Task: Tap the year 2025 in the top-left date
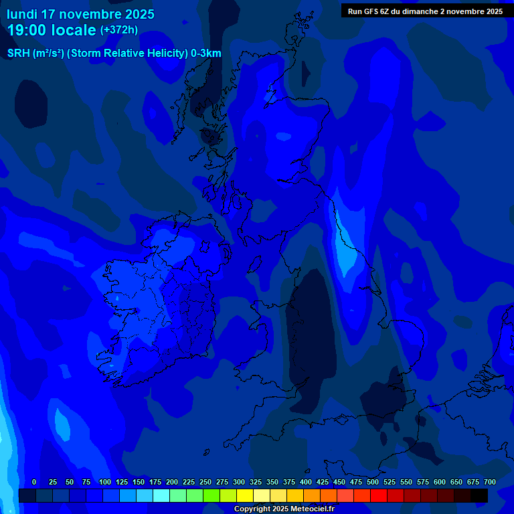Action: point(140,14)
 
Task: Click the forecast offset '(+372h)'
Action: point(119,30)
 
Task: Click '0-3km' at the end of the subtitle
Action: point(206,54)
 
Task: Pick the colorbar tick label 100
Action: point(105,482)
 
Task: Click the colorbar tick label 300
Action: point(239,482)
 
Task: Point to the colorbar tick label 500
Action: point(373,482)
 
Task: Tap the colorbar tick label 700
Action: point(490,482)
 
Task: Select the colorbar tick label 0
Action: point(34,482)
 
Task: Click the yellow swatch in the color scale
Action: point(245,496)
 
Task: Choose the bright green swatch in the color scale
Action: point(211,496)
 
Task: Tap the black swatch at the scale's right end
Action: point(479,496)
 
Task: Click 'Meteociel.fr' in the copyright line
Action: point(312,509)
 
